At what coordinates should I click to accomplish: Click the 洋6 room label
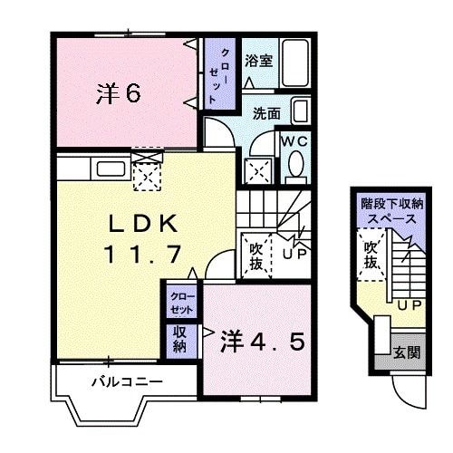[118, 92]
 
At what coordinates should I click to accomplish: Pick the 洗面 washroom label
[265, 114]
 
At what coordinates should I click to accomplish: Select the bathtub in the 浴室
[294, 62]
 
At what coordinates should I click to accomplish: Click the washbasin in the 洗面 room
[302, 112]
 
